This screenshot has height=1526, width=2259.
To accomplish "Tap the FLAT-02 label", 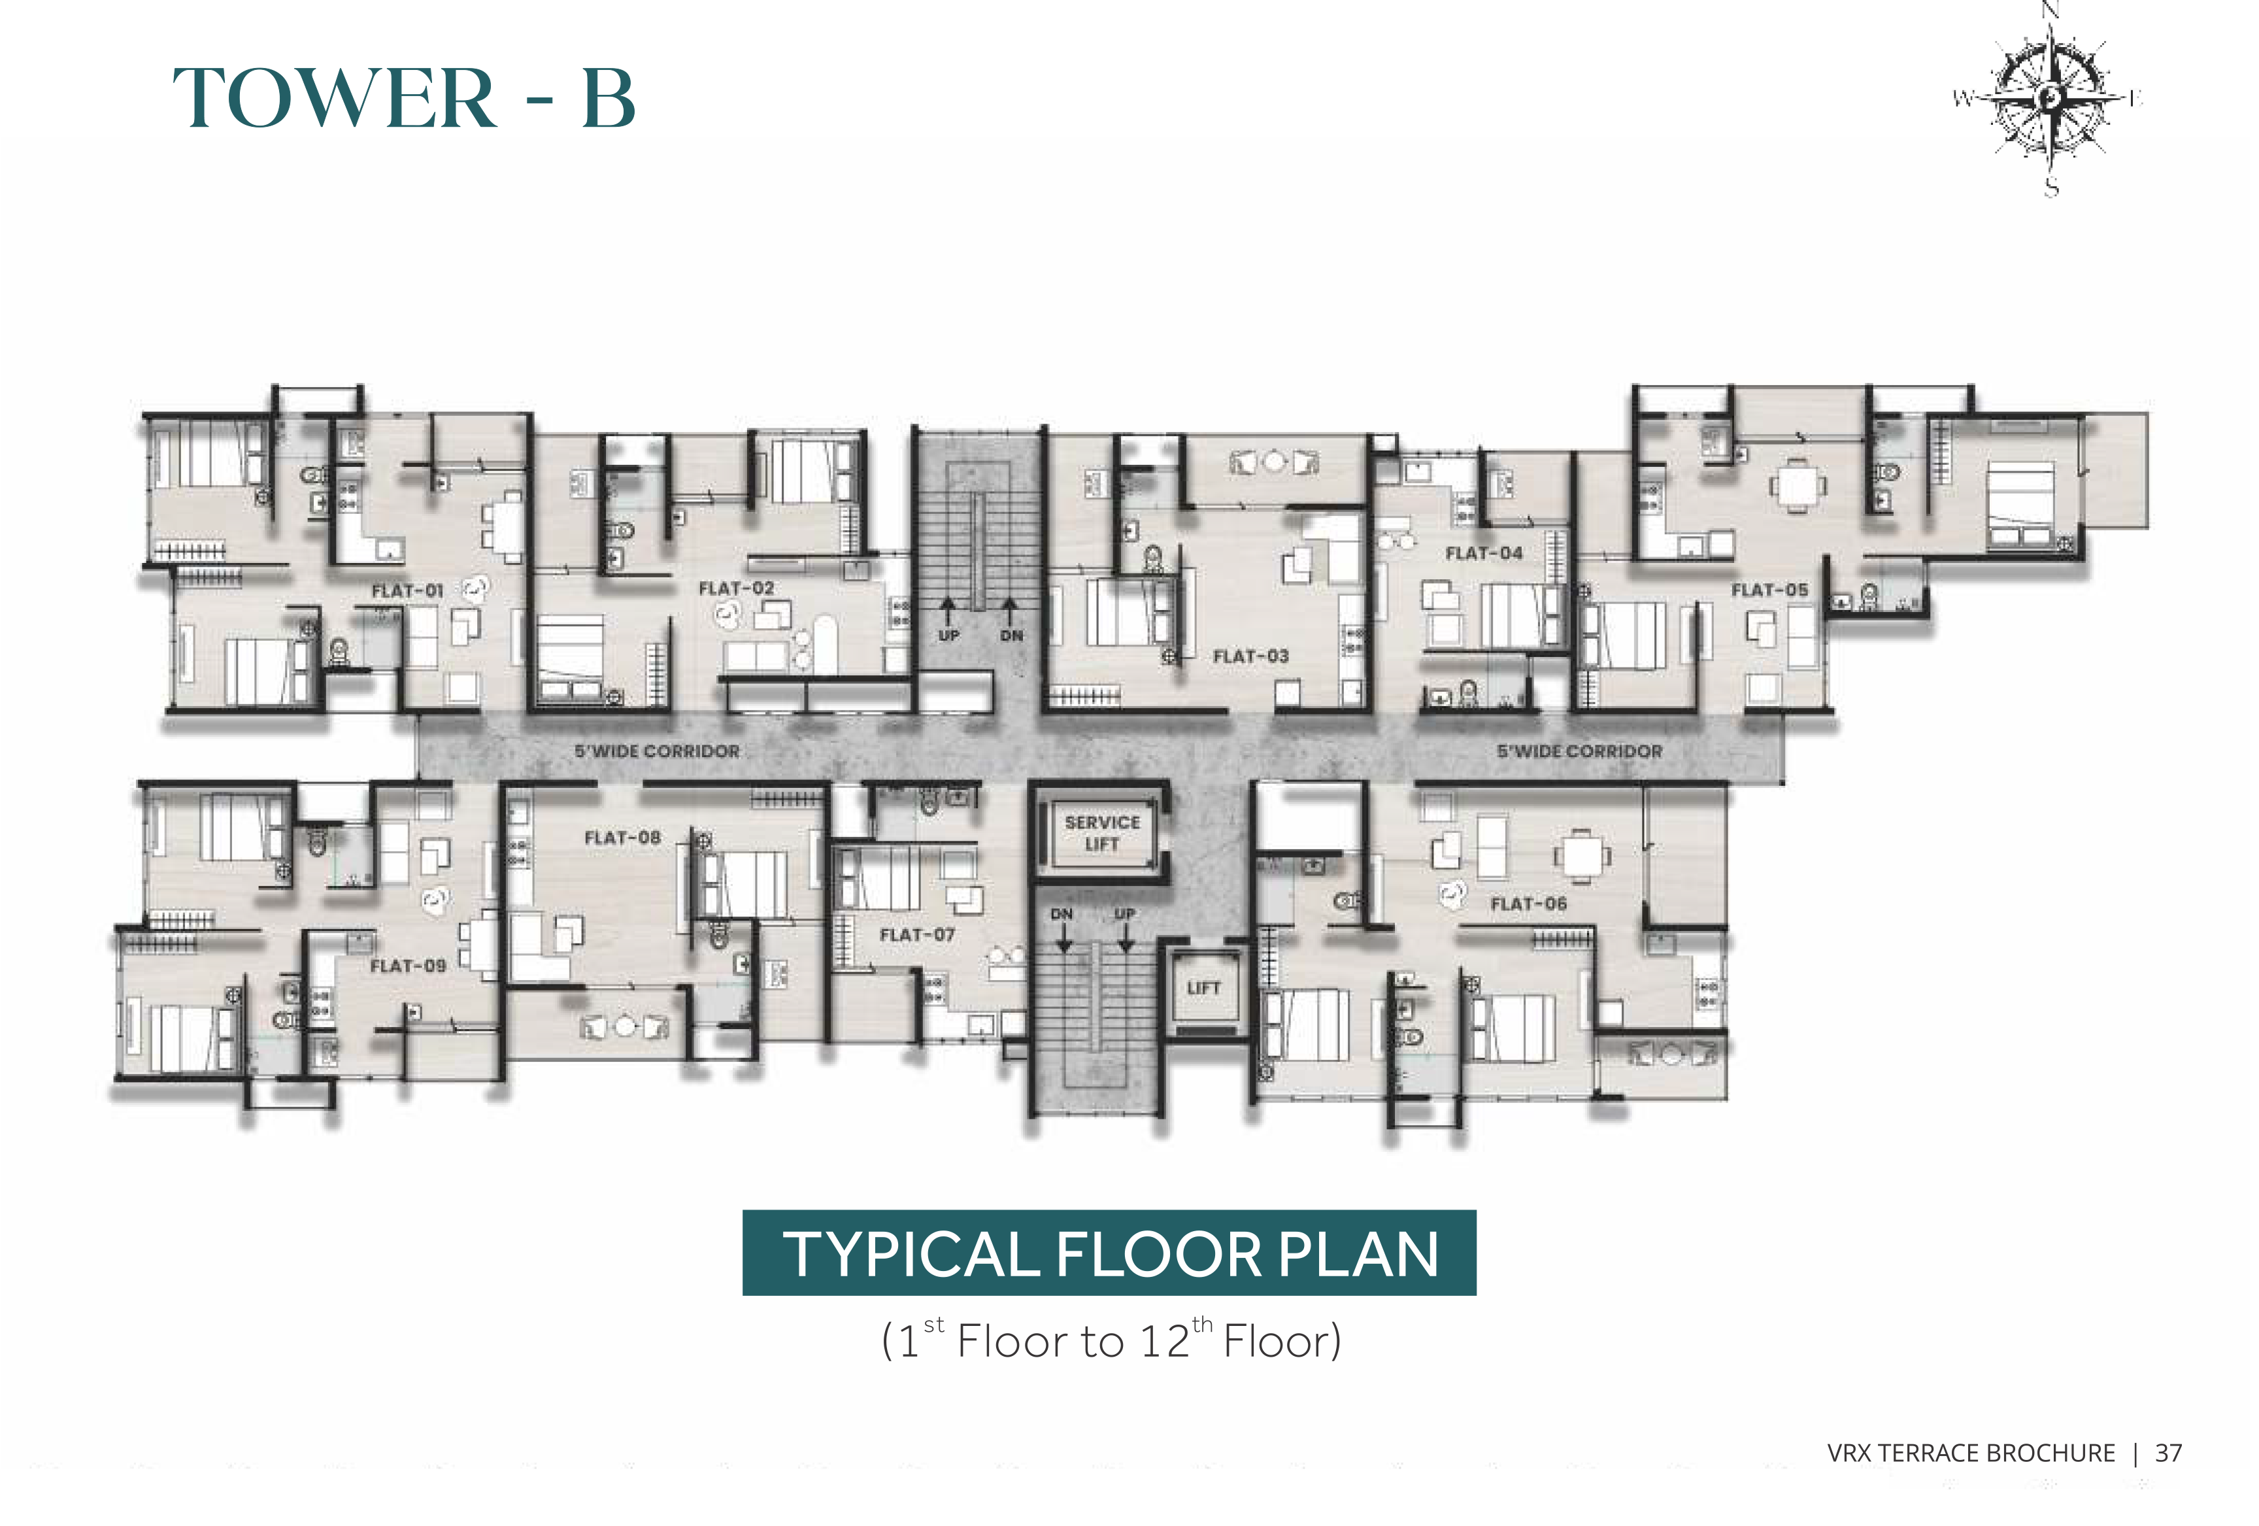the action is (737, 588).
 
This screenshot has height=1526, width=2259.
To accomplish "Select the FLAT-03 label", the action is (1251, 656).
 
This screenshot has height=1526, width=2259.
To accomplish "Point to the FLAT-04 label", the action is (1483, 553).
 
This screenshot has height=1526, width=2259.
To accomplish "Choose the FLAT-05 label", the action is (1769, 590).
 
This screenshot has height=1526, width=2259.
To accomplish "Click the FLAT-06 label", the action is (1529, 904).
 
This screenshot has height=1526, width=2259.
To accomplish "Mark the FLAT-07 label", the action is (916, 934).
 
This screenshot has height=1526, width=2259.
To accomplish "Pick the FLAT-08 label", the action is (622, 837).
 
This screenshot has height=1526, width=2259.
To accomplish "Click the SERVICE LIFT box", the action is (1101, 833).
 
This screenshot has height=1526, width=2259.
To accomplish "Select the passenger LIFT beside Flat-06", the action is (1203, 989).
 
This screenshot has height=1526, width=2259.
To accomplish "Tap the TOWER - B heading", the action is (405, 97).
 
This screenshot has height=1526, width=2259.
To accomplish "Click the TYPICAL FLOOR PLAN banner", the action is (1109, 1252).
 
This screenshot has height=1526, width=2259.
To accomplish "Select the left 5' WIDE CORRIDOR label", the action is (657, 751).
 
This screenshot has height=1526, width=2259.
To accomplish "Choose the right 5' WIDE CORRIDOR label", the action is (1580, 751).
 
